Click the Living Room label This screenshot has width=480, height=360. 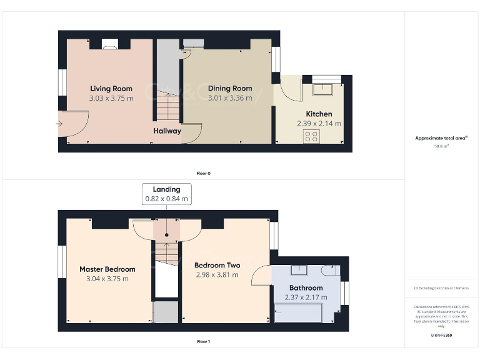[x=111, y=89]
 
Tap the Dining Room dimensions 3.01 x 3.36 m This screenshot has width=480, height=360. [x=230, y=97]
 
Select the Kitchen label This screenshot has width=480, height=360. [x=319, y=114]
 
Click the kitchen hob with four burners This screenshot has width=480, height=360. [x=311, y=136]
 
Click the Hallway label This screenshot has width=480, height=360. [x=167, y=131]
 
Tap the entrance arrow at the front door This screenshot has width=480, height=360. [x=59, y=124]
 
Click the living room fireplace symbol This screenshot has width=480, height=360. [x=110, y=44]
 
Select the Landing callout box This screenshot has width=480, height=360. [x=166, y=194]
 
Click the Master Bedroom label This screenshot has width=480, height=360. [x=107, y=269]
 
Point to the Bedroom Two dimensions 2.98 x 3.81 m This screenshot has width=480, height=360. [x=217, y=274]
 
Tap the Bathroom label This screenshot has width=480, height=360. [x=306, y=288]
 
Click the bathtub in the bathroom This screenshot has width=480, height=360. [x=297, y=311]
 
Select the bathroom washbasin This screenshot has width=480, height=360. [x=299, y=271]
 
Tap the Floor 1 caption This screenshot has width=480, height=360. [x=203, y=342]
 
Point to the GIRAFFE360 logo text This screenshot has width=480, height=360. [x=441, y=336]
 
